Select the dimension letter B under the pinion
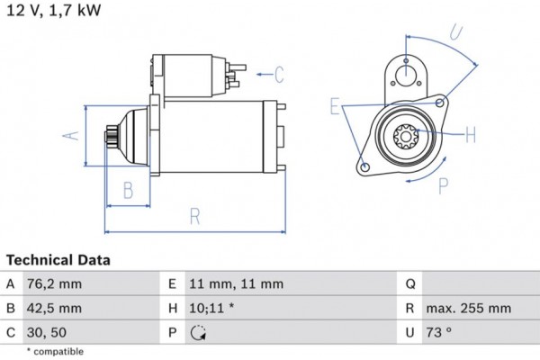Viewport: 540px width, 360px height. (x=129, y=190)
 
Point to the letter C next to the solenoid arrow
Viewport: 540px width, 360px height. (x=279, y=74)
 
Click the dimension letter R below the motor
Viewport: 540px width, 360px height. (x=194, y=216)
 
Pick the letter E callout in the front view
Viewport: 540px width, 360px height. (x=336, y=108)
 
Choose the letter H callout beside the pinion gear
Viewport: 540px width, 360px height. (x=471, y=135)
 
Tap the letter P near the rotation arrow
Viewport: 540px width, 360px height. (x=443, y=186)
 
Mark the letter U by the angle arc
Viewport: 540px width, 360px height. (x=456, y=33)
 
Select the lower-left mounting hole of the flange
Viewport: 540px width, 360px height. (x=364, y=167)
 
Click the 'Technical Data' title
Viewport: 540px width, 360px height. (x=58, y=260)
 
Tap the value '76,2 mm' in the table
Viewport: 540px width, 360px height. (x=57, y=283)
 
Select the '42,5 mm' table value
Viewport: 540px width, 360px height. (x=57, y=308)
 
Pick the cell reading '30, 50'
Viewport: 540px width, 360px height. (x=48, y=332)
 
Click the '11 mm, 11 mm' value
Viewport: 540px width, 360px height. (x=236, y=283)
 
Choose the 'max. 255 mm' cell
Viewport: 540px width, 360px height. (x=469, y=308)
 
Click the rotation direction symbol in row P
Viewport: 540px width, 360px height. (x=199, y=333)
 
